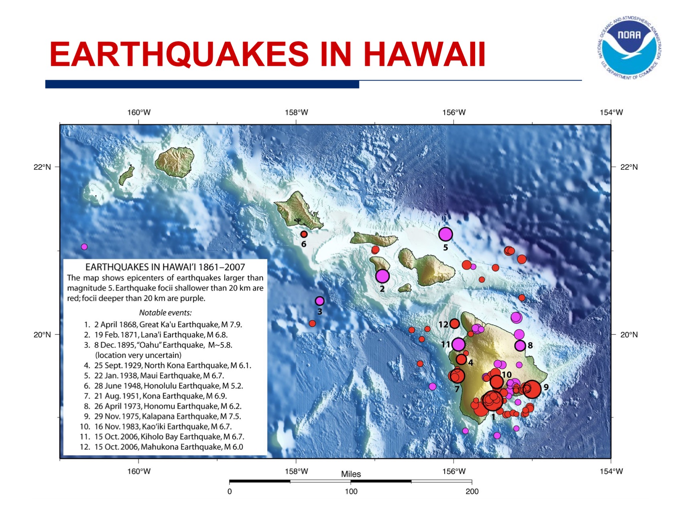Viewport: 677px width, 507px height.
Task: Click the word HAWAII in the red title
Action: click(424, 55)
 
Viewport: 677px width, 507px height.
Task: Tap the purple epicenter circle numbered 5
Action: click(445, 234)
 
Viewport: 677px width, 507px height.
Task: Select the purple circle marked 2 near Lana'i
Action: click(382, 276)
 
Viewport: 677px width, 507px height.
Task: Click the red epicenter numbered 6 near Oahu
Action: click(304, 234)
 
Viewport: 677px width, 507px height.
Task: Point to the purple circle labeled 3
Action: click(319, 301)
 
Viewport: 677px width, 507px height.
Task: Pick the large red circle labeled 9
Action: click(532, 389)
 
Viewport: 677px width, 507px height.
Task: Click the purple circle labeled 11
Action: click(458, 344)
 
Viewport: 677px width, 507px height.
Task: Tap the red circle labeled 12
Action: click(454, 323)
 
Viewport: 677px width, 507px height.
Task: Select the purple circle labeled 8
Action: click(520, 345)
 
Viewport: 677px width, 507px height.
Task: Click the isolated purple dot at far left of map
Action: click(84, 246)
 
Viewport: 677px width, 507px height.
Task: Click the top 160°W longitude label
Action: click(139, 113)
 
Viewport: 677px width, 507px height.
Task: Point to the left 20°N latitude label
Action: click(42, 335)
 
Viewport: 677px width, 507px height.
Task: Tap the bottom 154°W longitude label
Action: click(611, 471)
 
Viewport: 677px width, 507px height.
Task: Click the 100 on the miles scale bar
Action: click(351, 492)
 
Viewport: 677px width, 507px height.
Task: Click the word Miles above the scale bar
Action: click(351, 474)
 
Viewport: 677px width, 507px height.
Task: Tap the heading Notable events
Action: click(165, 313)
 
